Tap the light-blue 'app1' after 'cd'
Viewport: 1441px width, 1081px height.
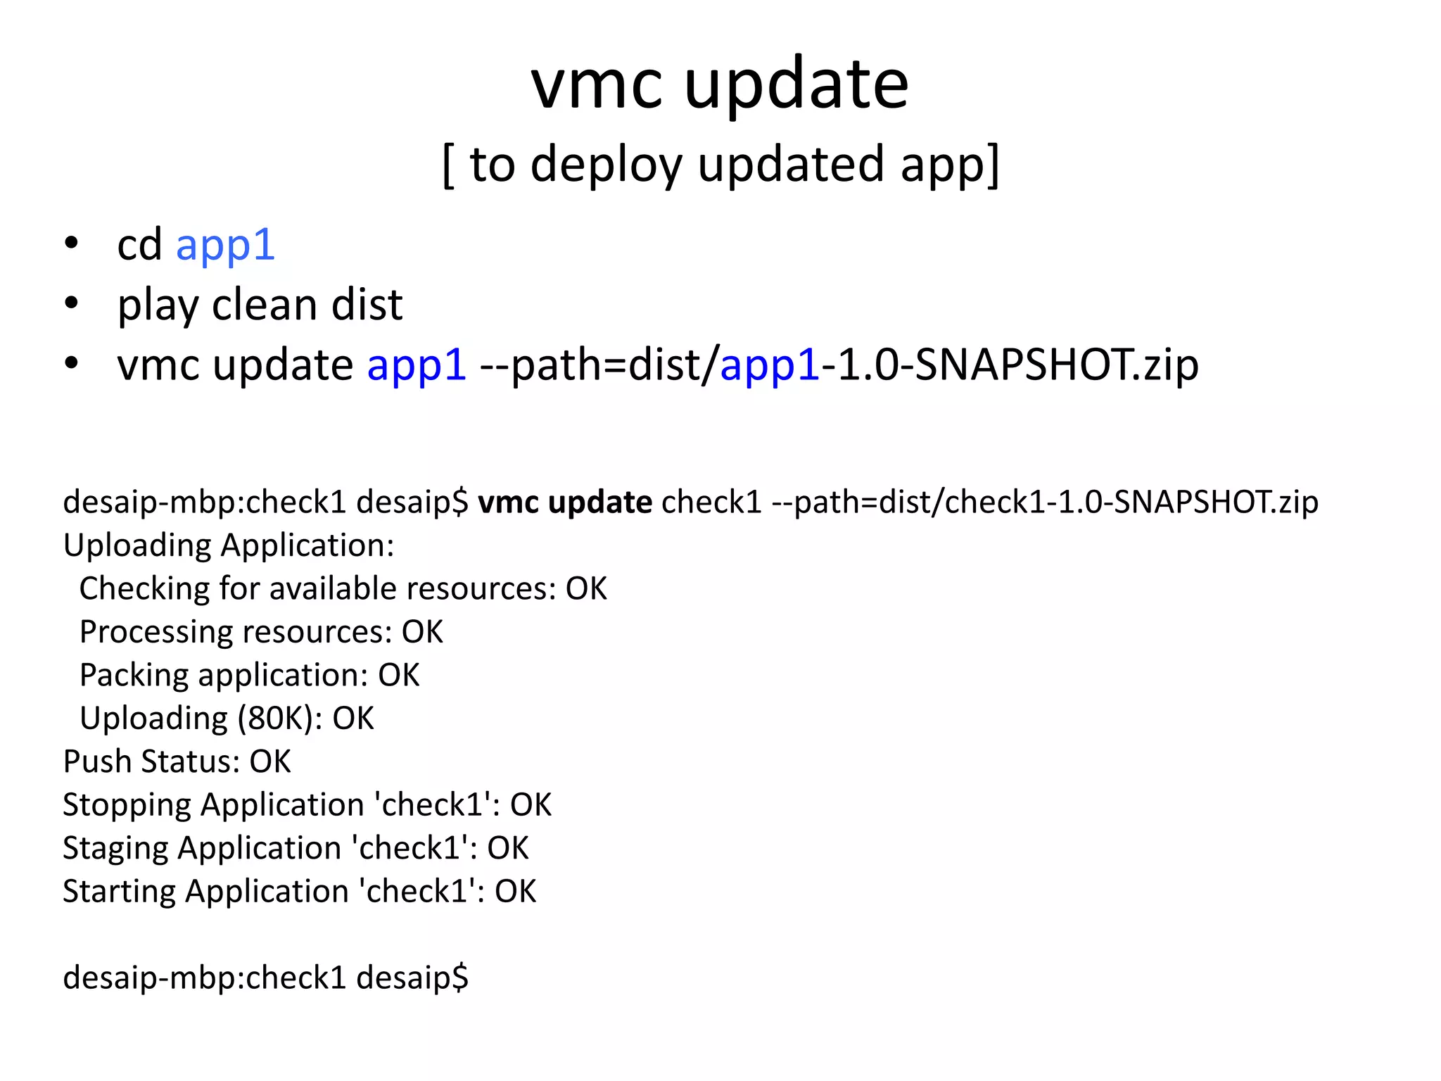click(x=225, y=245)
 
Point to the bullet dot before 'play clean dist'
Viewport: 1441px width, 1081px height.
click(x=71, y=304)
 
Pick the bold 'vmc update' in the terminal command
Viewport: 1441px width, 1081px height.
click(x=565, y=502)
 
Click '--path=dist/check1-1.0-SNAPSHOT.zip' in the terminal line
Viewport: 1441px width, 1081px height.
click(x=1045, y=502)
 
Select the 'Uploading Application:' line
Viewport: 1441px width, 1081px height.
click(x=229, y=545)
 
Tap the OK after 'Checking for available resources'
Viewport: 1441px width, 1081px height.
click(x=586, y=588)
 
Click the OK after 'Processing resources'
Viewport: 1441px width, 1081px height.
click(x=422, y=632)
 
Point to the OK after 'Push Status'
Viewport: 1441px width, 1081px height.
click(x=270, y=761)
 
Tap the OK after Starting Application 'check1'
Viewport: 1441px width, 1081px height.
click(x=515, y=892)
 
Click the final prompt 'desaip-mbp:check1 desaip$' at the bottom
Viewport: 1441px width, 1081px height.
click(x=265, y=978)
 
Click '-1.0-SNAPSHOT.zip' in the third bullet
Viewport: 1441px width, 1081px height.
click(x=1010, y=365)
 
